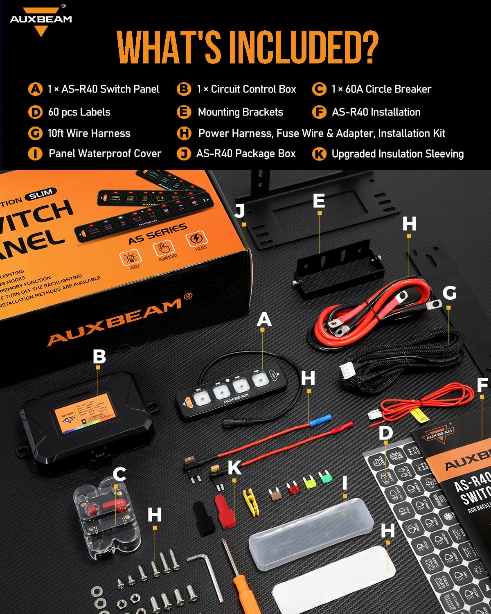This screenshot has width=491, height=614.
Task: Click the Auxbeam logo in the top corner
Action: pyautogui.click(x=41, y=20)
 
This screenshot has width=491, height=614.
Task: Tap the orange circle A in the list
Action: pyautogui.click(x=36, y=89)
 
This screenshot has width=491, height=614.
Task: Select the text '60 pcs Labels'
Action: pyautogui.click(x=79, y=112)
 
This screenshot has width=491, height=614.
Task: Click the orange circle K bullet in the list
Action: pyautogui.click(x=319, y=154)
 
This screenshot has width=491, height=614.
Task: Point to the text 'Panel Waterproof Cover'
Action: pyautogui.click(x=105, y=153)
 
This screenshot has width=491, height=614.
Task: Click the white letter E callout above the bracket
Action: pyautogui.click(x=319, y=201)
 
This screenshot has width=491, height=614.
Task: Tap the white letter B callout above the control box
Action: pyautogui.click(x=99, y=356)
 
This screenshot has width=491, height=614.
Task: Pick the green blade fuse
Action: pyautogui.click(x=325, y=477)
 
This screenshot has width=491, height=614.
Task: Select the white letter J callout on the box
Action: pyautogui.click(x=240, y=210)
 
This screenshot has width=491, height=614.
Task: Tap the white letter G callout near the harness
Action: pyautogui.click(x=449, y=293)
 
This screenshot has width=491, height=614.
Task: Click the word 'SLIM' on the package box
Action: pyautogui.click(x=41, y=194)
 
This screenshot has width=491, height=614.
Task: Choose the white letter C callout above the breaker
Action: pyautogui.click(x=119, y=474)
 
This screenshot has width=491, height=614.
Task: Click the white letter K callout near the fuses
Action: pyautogui.click(x=234, y=467)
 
